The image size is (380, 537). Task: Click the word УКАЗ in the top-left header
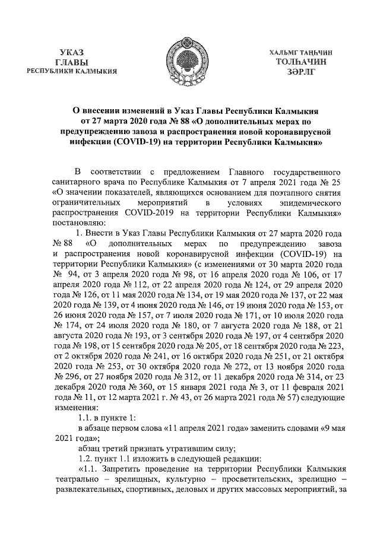point(72,53)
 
